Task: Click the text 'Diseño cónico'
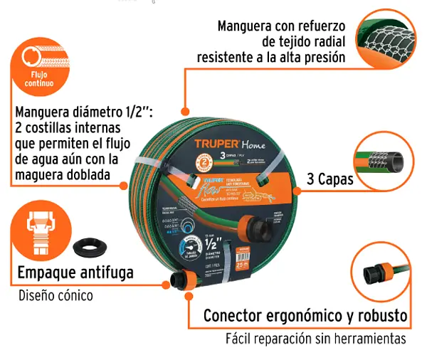(x=55, y=295)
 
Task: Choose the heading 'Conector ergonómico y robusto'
(x=305, y=315)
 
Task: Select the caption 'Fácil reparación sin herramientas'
(x=316, y=339)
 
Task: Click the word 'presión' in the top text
(x=325, y=57)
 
